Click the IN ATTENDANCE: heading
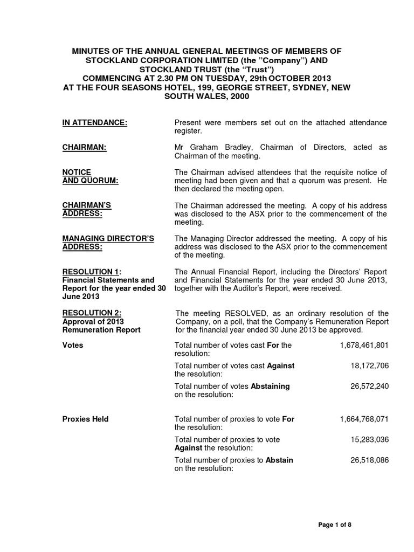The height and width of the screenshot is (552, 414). point(95,123)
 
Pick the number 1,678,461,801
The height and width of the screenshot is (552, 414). point(364,345)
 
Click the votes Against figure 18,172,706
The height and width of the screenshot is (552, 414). point(369,365)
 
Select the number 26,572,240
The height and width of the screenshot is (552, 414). point(369,386)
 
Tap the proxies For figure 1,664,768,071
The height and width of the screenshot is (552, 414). point(364,419)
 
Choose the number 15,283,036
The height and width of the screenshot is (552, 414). point(369,439)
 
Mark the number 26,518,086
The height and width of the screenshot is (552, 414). point(369,460)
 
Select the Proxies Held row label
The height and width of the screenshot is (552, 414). point(86,419)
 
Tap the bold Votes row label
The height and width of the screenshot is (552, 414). point(73,345)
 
